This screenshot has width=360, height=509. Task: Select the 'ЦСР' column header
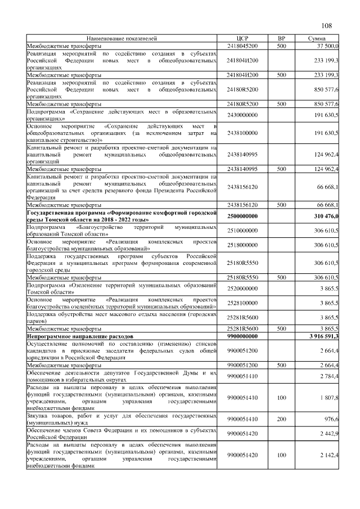241,38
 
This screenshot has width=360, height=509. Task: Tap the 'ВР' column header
281,38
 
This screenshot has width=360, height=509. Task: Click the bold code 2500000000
241,217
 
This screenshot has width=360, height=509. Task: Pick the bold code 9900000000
241,336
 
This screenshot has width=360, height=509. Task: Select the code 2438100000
241,133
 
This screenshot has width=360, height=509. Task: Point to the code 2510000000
241,231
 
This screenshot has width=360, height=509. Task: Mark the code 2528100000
241,303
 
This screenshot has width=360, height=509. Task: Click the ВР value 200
281,418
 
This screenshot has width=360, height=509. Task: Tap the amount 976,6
329,418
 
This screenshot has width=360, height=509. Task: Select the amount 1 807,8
327,398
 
